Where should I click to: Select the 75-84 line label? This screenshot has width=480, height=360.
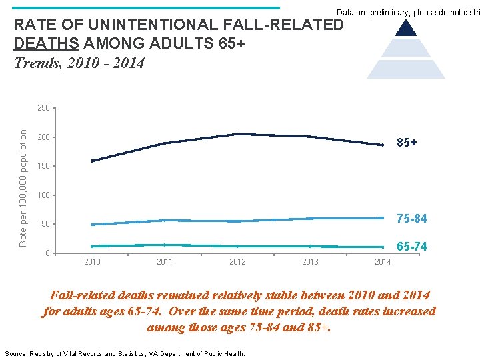click(x=411, y=219)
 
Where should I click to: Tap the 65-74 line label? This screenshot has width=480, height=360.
click(x=411, y=247)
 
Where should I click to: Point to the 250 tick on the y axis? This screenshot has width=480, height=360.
click(x=43, y=108)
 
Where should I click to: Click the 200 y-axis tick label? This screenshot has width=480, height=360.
click(x=43, y=137)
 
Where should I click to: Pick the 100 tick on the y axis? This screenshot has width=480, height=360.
click(x=43, y=195)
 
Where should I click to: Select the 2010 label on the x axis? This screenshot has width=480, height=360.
click(x=92, y=262)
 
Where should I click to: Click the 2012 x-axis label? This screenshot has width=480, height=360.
click(x=237, y=262)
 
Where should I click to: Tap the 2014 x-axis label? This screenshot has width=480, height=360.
click(x=383, y=262)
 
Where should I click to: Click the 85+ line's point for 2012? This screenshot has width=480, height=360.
click(x=237, y=134)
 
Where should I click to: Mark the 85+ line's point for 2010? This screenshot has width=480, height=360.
click(x=92, y=161)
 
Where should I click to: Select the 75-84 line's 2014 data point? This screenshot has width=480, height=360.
click(x=383, y=218)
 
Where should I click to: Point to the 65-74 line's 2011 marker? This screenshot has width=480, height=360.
click(x=165, y=245)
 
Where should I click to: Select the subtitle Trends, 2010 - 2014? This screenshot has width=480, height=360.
click(x=79, y=64)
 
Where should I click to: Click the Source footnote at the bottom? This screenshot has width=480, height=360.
click(x=125, y=353)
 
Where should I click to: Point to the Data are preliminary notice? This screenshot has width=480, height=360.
click(x=407, y=13)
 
